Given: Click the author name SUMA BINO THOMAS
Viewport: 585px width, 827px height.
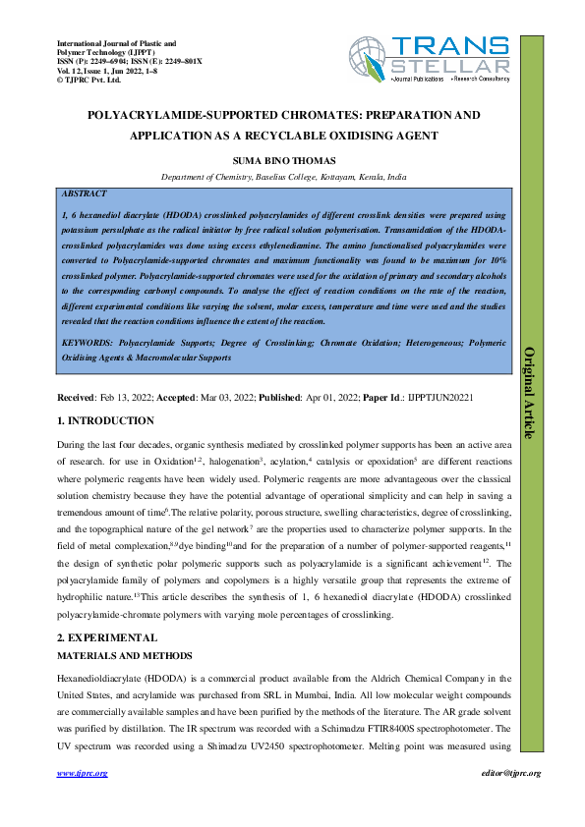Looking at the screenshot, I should pyautogui.click(x=284, y=158).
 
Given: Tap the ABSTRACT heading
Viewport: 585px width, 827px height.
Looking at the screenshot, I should pyautogui.click(x=84, y=194).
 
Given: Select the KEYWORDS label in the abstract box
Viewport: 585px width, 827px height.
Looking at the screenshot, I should pyautogui.click(x=87, y=344).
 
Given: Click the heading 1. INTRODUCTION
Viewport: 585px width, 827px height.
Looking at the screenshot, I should pyautogui.click(x=106, y=421).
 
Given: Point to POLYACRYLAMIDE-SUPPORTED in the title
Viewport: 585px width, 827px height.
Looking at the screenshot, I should pyautogui.click(x=170, y=115).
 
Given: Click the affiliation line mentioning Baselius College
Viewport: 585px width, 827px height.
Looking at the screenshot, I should pyautogui.click(x=284, y=178).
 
